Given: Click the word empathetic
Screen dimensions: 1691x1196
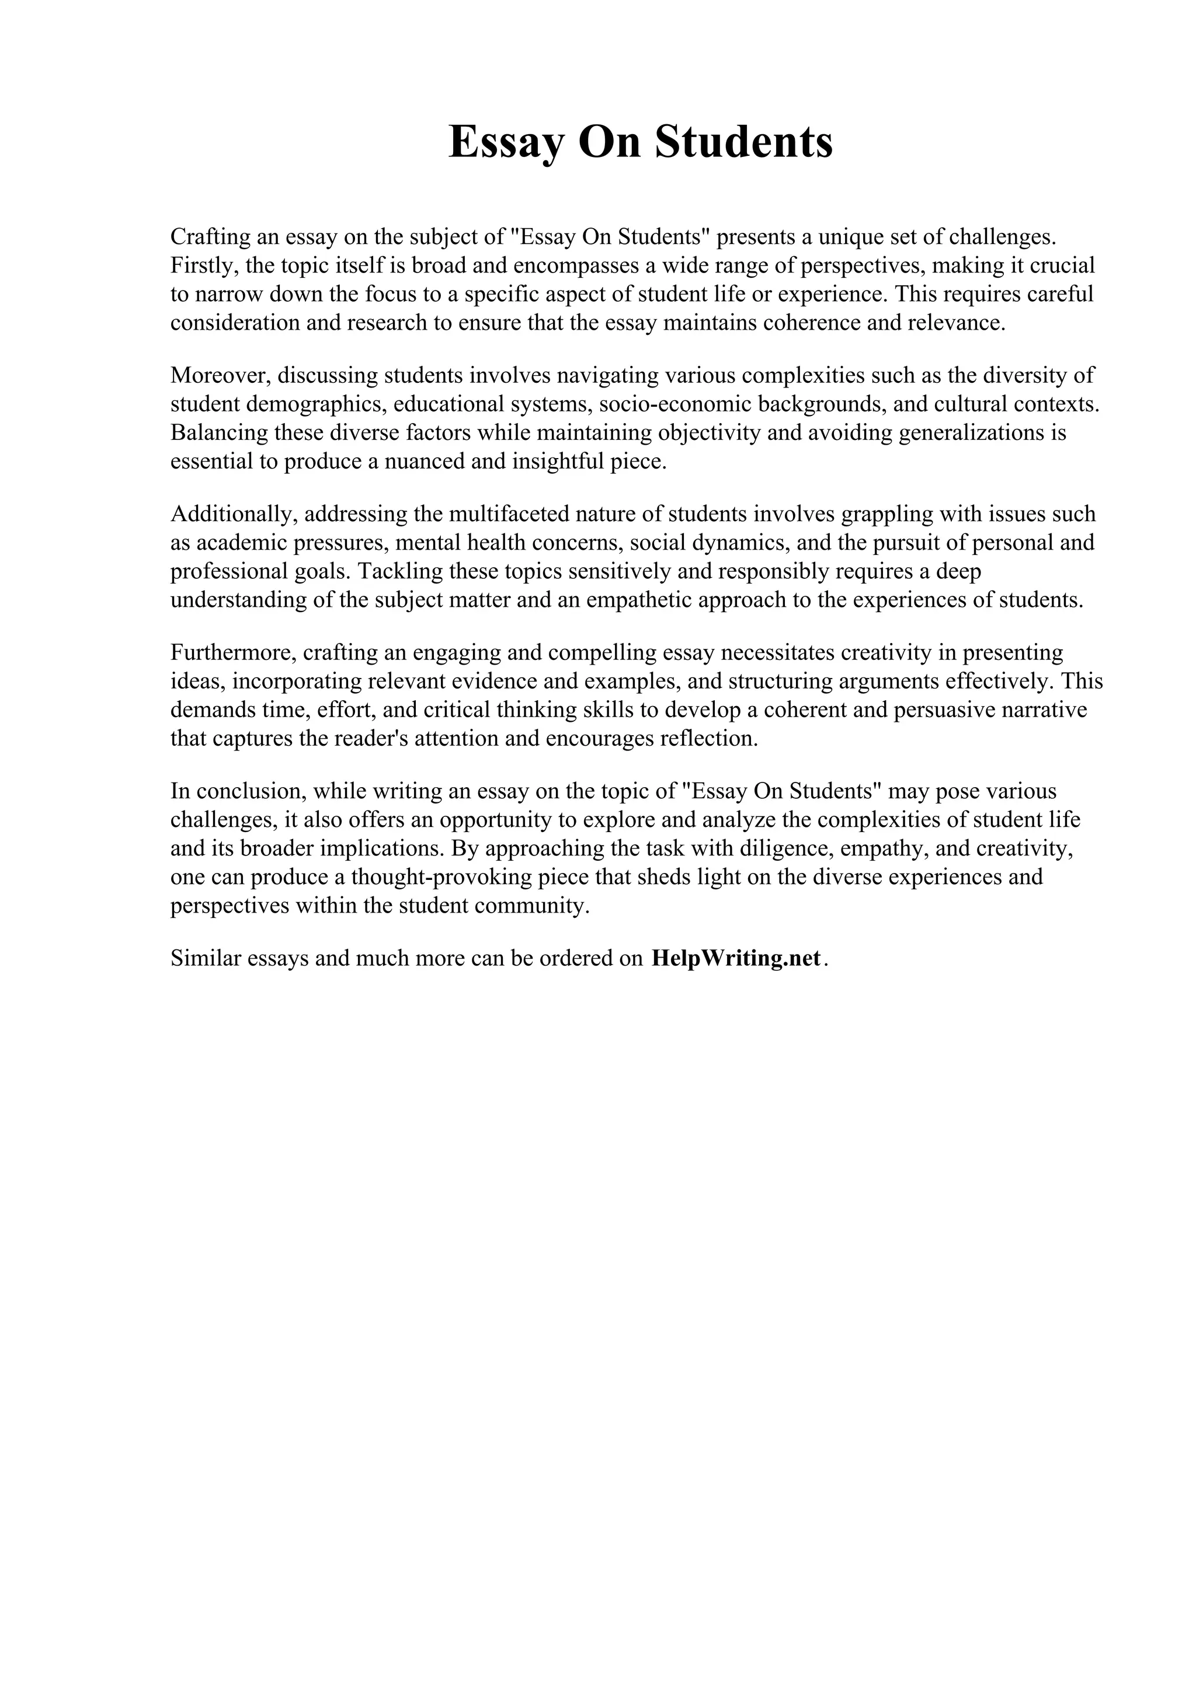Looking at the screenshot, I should pos(638,599).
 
